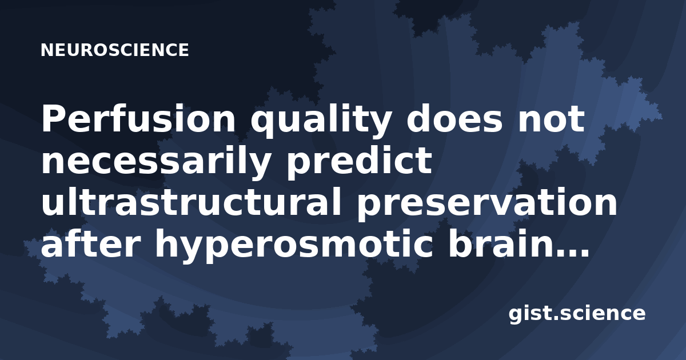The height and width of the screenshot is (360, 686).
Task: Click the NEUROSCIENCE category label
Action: (115, 50)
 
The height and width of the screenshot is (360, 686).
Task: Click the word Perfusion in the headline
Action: (138, 118)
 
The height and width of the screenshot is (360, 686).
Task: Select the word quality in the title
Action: (320, 121)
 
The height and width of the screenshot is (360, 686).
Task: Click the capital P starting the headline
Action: (52, 118)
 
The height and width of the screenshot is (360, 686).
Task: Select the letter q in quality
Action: (262, 125)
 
